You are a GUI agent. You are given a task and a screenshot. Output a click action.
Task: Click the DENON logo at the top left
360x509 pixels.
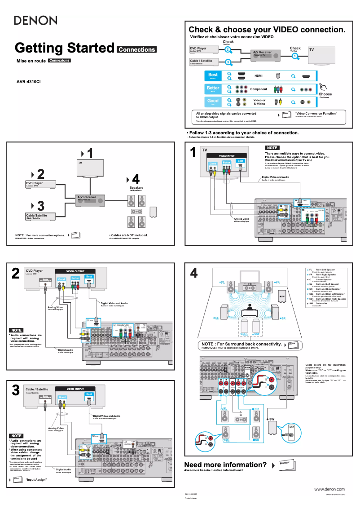point(36,20)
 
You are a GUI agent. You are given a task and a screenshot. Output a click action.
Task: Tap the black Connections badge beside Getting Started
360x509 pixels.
point(136,49)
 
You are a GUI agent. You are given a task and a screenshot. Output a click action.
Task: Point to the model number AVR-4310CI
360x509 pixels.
point(29,82)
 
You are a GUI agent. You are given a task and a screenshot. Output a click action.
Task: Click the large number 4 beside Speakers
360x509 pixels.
point(136,179)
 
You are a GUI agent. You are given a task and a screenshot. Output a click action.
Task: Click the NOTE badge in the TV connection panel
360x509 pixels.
point(272,147)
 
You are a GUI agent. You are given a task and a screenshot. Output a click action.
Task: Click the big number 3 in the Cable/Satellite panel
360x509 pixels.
point(16,390)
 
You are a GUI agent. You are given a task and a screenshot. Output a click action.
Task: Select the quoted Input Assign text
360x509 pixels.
point(36,480)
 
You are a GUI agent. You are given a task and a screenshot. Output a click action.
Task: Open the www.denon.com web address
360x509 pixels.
point(329,489)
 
